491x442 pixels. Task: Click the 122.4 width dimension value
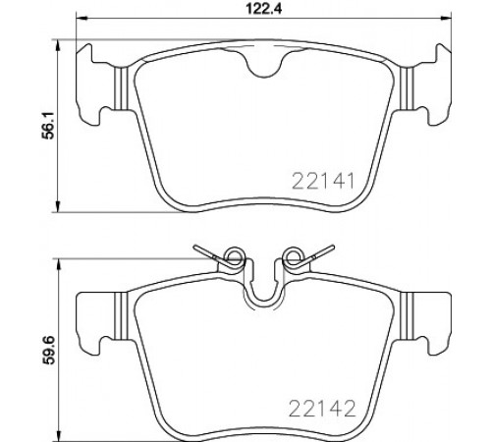tap(263, 9)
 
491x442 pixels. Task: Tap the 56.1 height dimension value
tap(49, 126)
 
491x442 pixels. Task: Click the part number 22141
tap(323, 182)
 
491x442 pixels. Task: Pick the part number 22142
tap(322, 409)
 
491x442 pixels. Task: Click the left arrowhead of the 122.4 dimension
tap(82, 19)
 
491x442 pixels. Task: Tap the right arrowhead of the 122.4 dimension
tap(446, 19)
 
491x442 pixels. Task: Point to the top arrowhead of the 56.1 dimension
tap(58, 45)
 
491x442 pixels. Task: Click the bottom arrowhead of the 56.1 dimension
tap(58, 206)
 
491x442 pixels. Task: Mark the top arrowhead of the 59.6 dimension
tap(59, 264)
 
